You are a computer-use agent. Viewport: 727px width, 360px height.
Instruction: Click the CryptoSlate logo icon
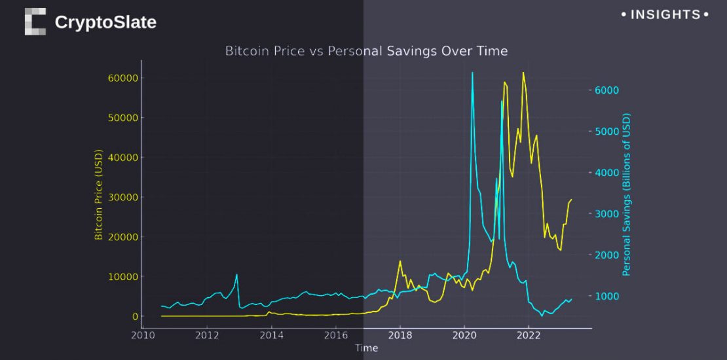(x=35, y=22)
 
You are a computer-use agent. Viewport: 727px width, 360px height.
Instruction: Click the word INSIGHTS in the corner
(x=665, y=14)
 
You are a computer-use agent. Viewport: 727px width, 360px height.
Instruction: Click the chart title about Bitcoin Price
(x=366, y=50)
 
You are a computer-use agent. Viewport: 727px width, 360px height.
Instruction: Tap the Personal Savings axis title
(x=626, y=194)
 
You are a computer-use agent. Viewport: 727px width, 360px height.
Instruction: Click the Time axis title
(x=366, y=348)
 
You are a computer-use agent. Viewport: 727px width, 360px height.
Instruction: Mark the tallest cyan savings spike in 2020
(x=472, y=73)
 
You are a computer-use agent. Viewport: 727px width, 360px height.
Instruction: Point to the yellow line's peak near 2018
(x=400, y=261)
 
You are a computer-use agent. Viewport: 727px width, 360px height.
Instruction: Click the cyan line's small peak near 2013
(x=236, y=275)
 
